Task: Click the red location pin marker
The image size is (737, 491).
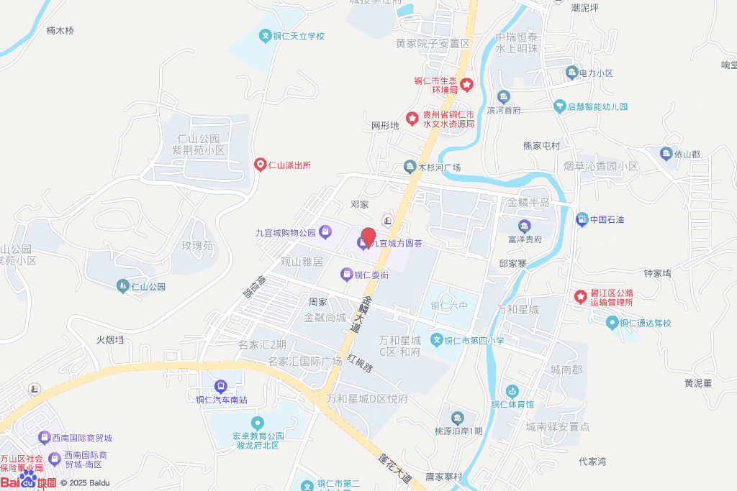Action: click(x=368, y=237)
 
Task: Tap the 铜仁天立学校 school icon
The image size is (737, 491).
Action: click(x=265, y=36)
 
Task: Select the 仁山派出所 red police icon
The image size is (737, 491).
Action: click(x=260, y=165)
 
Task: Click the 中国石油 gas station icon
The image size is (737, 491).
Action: click(x=582, y=219)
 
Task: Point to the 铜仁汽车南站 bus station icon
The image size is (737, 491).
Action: click(x=221, y=387)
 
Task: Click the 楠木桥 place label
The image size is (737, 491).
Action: click(x=60, y=31)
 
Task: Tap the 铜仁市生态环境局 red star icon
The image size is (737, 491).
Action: click(x=466, y=85)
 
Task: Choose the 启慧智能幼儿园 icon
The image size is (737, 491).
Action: click(x=559, y=106)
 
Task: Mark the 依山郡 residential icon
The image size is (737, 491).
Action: click(x=666, y=153)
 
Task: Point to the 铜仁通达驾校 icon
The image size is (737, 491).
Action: click(x=612, y=323)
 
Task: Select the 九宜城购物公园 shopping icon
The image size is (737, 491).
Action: click(x=325, y=231)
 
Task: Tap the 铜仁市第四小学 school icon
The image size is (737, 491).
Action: click(x=436, y=339)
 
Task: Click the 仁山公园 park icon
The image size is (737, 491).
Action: click(x=122, y=286)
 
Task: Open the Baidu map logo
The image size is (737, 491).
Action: click(x=29, y=479)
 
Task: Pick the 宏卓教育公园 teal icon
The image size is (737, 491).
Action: click(x=257, y=422)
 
